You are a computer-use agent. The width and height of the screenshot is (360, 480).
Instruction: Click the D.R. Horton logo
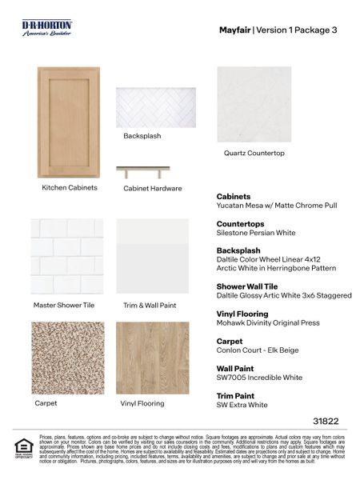click(x=47, y=28)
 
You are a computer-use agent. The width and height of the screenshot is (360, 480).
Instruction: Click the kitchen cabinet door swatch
click(x=69, y=122)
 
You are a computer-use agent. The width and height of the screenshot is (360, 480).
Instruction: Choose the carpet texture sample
click(x=67, y=358)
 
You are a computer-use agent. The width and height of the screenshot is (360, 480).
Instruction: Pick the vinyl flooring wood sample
click(x=153, y=358)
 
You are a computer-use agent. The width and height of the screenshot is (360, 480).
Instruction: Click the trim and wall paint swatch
click(x=153, y=256)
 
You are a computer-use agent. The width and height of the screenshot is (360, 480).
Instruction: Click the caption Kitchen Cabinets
click(x=70, y=188)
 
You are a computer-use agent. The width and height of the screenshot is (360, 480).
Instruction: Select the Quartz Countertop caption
click(x=254, y=153)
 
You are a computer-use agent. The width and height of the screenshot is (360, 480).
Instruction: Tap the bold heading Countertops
click(x=240, y=224)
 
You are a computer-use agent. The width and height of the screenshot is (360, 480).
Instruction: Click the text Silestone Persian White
click(x=256, y=233)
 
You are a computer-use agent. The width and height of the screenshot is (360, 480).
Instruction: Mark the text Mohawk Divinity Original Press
click(x=268, y=323)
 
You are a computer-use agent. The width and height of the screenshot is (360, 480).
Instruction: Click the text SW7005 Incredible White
click(x=259, y=378)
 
